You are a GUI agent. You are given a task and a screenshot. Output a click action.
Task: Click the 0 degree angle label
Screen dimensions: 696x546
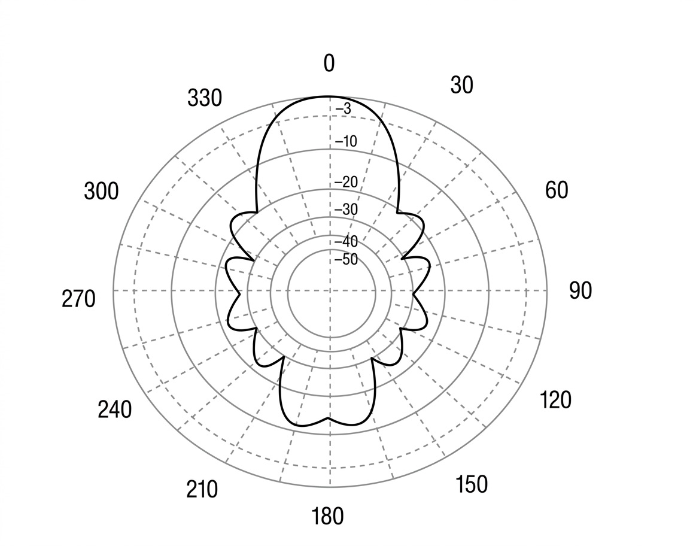[329, 63]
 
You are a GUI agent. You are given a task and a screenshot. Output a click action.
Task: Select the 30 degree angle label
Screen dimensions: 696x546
[461, 85]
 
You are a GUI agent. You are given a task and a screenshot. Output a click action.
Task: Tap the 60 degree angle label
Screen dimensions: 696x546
[556, 190]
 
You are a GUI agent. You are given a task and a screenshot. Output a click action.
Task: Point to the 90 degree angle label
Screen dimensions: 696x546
[580, 291]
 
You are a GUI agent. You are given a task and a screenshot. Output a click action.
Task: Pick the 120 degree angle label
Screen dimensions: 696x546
[555, 400]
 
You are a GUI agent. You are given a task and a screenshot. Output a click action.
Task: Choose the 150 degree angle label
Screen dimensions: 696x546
[472, 484]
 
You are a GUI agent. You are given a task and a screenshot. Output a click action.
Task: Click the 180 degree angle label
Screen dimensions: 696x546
[327, 516]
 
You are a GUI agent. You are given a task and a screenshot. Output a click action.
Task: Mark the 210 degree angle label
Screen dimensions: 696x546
[202, 490]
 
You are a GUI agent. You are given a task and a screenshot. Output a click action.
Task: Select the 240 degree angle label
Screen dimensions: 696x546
[114, 409]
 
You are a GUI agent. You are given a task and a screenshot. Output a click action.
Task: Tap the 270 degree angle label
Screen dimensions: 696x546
[78, 299]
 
